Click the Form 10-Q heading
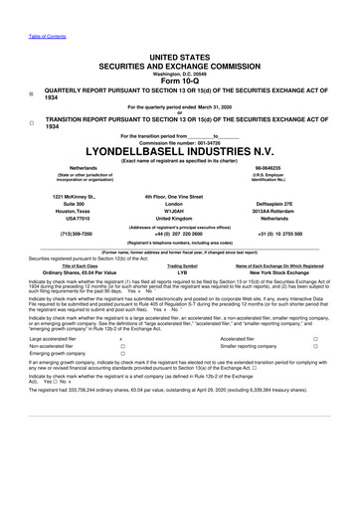(180, 82)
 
